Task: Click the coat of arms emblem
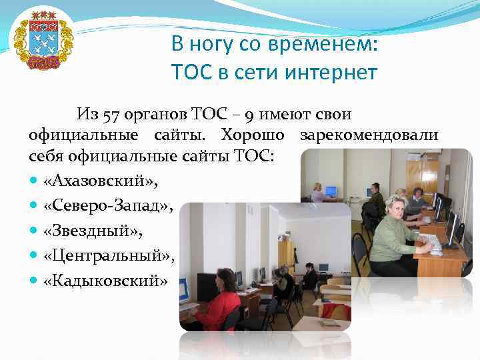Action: coord(43,40)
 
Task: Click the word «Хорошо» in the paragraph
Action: coord(255,135)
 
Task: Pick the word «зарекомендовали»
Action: coord(369,135)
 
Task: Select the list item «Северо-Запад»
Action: coord(107,207)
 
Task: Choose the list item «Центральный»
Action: coord(108,255)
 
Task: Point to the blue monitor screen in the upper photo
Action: coord(330,192)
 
